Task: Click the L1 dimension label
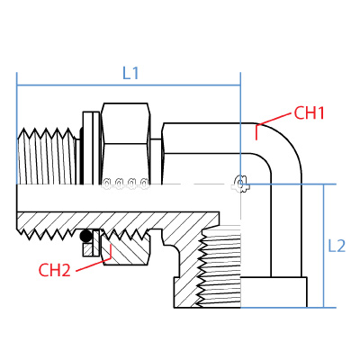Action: (130, 74)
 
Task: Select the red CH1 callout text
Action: (309, 113)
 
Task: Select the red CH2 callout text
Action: (55, 269)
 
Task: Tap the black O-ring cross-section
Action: (86, 238)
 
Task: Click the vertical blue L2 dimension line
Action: (322, 245)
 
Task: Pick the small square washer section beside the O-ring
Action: (87, 251)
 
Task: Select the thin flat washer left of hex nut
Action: (91, 148)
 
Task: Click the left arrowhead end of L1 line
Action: (18, 86)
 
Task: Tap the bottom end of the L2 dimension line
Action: (322, 306)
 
